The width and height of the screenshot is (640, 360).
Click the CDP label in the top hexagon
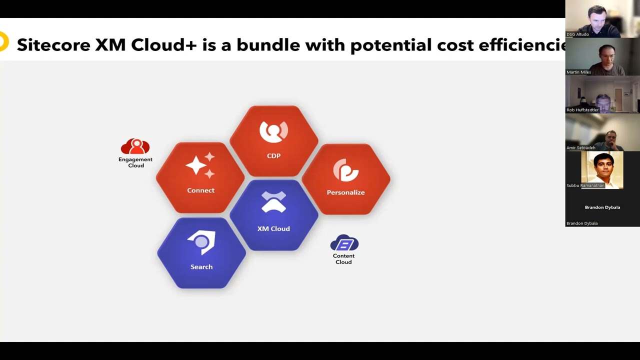(x=273, y=155)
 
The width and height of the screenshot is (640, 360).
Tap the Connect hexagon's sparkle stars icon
(x=200, y=165)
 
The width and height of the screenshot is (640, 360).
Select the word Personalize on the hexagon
(x=345, y=192)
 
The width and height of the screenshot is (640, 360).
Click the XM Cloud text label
(x=273, y=228)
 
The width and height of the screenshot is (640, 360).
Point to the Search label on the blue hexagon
(x=201, y=267)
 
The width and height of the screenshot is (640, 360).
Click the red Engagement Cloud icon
(x=135, y=146)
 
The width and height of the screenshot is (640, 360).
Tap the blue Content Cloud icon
(x=344, y=243)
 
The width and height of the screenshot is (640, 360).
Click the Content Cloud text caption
(x=343, y=259)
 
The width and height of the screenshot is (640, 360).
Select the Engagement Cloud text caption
(x=135, y=162)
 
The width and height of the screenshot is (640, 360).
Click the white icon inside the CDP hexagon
(x=273, y=131)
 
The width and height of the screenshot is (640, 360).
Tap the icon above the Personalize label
(x=345, y=170)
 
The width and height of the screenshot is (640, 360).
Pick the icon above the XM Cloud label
(x=273, y=202)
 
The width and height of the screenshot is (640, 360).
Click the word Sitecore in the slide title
(x=53, y=45)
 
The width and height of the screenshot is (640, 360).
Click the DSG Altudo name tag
(x=577, y=34)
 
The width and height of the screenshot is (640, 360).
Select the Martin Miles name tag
(x=578, y=72)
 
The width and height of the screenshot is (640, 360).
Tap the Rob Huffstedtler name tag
(x=582, y=110)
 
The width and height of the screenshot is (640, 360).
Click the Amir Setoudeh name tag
(x=581, y=147)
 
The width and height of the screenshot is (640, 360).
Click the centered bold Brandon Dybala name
(x=602, y=207)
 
